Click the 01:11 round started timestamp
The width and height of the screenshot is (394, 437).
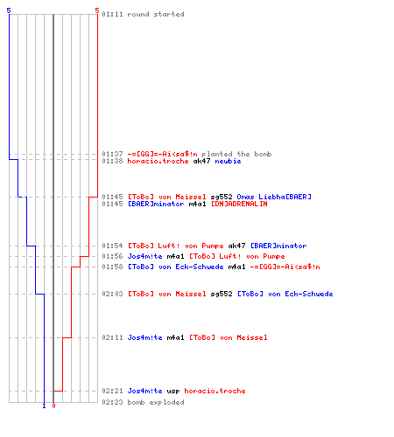click(112, 14)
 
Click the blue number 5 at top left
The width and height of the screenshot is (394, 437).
click(9, 10)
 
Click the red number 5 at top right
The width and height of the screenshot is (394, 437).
click(97, 10)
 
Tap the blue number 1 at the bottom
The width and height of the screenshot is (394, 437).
click(44, 406)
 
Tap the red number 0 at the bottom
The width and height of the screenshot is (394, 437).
click(53, 406)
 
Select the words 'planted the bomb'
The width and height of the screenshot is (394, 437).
click(236, 154)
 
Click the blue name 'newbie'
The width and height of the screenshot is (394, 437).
click(228, 161)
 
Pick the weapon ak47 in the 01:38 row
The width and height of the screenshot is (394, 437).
click(201, 161)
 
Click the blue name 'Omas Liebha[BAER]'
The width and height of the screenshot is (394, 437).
click(274, 197)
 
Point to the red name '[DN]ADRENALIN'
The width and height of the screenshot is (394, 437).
click(239, 204)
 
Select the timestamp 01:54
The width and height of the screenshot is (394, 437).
click(112, 246)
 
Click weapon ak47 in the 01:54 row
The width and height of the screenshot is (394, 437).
click(236, 246)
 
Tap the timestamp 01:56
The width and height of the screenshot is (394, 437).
click(112, 256)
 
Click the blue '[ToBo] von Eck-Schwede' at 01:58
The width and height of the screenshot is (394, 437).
click(176, 267)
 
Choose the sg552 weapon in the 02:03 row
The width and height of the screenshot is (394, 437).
click(222, 294)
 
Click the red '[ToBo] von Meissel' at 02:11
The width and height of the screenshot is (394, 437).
click(229, 337)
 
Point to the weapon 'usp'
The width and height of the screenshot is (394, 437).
click(173, 391)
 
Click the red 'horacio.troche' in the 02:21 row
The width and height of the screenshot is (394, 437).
click(215, 391)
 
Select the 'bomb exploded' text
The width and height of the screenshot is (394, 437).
click(156, 402)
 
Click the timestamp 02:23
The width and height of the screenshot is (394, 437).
click(112, 402)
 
